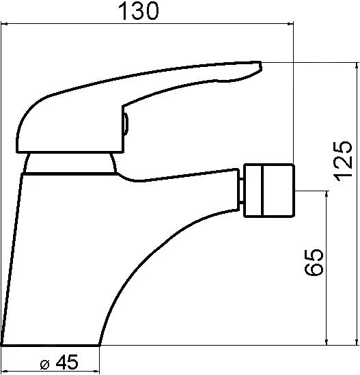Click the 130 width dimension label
138,11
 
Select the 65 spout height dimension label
314,262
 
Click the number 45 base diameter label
67,362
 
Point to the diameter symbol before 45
44,365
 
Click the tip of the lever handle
260,66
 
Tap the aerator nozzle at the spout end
269,191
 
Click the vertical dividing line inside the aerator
262,191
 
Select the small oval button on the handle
126,124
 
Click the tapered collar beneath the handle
70,163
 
